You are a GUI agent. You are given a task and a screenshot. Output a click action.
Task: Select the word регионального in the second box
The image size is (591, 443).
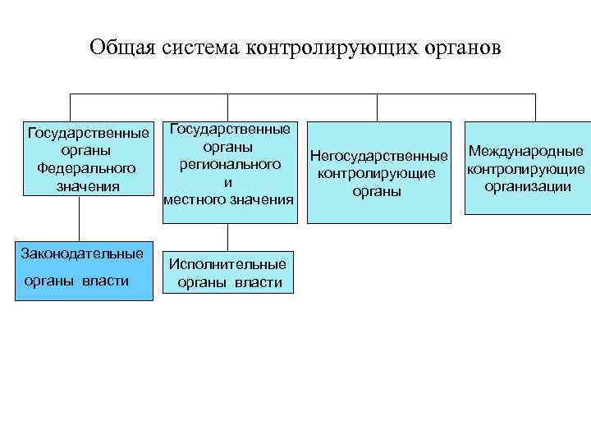(x=230, y=164)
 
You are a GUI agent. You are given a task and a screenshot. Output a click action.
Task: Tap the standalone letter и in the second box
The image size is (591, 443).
(x=229, y=182)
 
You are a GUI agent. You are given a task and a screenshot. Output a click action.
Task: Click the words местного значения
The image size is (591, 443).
(x=229, y=199)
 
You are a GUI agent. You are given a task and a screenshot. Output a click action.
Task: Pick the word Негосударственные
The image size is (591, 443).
(x=379, y=156)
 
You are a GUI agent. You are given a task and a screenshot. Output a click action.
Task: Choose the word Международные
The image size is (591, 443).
(x=525, y=151)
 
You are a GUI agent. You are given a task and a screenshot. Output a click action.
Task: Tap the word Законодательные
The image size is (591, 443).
(x=82, y=253)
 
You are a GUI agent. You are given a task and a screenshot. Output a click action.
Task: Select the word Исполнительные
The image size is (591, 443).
(x=227, y=264)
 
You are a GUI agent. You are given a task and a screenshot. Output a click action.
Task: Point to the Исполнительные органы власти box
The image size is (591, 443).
(x=227, y=273)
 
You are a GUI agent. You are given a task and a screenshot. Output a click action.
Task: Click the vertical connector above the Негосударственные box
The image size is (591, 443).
(x=377, y=107)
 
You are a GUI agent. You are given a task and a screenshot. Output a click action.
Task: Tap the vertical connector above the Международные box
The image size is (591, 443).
(x=535, y=107)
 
